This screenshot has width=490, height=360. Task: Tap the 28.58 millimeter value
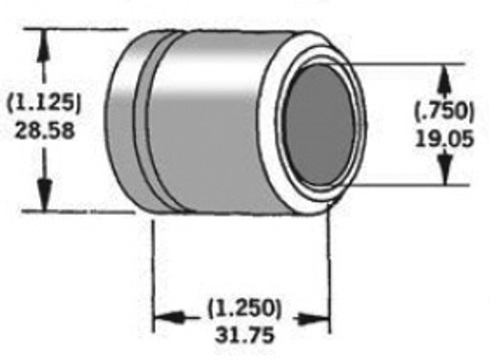click(42, 129)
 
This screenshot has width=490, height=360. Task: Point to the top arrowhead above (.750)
click(444, 75)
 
